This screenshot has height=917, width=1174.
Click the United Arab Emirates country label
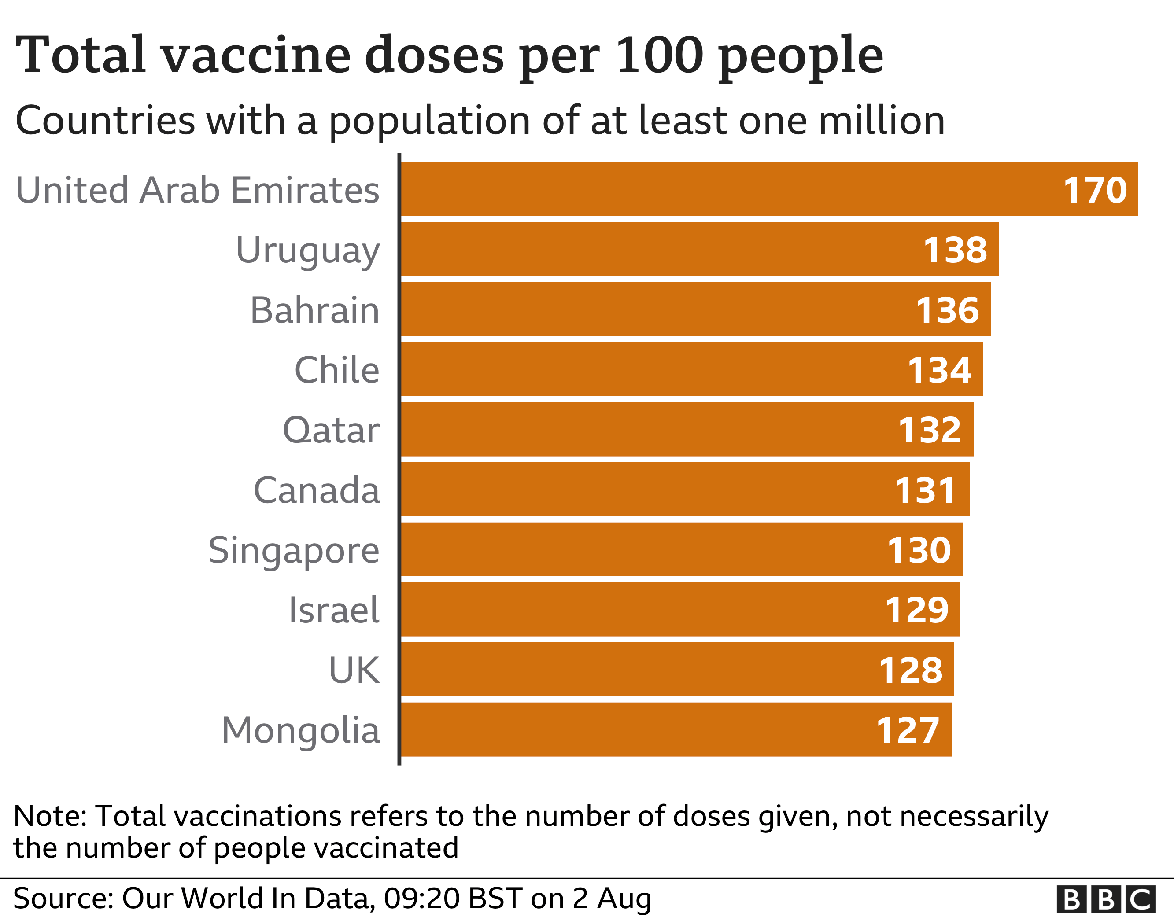click(x=197, y=190)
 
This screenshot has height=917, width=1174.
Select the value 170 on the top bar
click(x=1095, y=190)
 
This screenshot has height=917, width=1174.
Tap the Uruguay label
click(x=307, y=250)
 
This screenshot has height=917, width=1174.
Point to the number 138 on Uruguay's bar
click(x=955, y=250)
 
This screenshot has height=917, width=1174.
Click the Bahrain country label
click(x=314, y=311)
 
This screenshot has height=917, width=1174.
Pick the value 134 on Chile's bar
click(x=939, y=371)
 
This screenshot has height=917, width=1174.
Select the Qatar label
click(x=331, y=431)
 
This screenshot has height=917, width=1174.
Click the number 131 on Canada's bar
click(x=925, y=491)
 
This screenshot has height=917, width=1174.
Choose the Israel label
click(x=334, y=611)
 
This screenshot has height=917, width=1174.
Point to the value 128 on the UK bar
click(x=911, y=671)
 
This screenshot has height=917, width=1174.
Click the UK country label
click(x=354, y=671)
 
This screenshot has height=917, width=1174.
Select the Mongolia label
click(x=300, y=731)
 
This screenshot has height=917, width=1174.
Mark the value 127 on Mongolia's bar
click(x=908, y=731)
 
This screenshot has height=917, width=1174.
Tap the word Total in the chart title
click(x=81, y=55)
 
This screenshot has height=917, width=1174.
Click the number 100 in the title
click(x=660, y=55)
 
